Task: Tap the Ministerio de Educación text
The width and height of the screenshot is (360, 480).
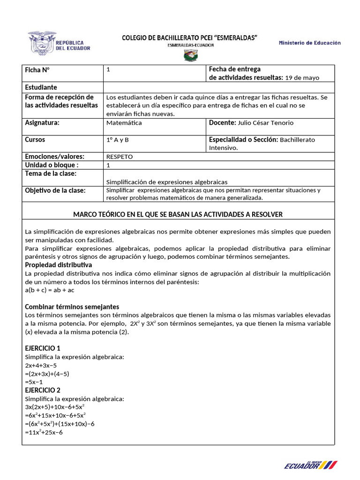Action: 310,43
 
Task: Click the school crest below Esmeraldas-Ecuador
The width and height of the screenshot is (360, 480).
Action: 190,57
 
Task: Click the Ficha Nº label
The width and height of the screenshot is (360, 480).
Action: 37,70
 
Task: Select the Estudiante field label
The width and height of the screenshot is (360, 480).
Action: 41,87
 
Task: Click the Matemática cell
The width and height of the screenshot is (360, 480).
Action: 124,123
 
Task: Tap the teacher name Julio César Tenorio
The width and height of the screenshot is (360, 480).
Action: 270,123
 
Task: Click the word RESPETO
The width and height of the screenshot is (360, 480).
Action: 120,157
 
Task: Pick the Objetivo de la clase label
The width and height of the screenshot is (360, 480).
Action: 55,190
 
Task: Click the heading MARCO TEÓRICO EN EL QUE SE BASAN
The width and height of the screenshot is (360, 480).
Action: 178,214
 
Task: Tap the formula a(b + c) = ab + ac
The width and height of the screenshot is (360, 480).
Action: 50,290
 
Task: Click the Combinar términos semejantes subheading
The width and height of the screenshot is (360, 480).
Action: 72,307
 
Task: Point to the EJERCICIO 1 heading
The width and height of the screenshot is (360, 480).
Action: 43,348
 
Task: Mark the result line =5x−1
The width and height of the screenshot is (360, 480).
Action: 34,382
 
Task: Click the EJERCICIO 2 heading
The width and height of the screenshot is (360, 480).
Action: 43,390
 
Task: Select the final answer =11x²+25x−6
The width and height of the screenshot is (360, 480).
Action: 44,432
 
